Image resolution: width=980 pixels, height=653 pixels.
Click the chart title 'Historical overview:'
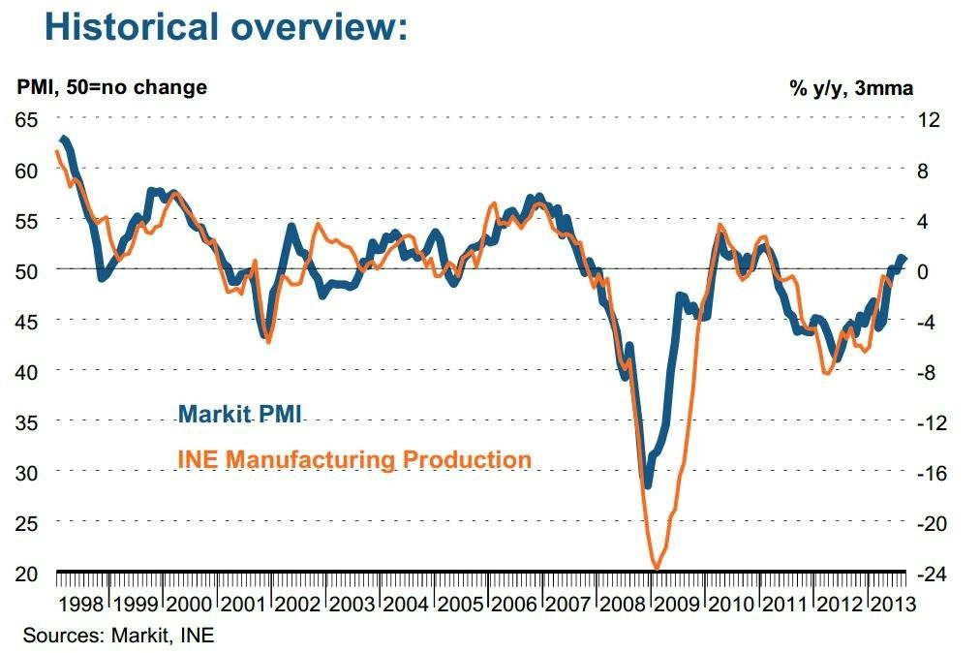click(227, 27)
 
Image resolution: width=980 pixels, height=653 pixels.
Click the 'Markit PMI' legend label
click(240, 414)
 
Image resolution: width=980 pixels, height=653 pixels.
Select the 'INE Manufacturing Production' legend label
click(354, 459)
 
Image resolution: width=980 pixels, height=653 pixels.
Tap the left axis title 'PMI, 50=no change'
click(112, 87)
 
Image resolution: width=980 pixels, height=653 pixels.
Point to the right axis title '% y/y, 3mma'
click(851, 88)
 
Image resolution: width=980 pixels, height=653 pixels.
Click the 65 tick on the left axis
click(26, 119)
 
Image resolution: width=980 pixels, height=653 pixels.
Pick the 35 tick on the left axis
click(26, 422)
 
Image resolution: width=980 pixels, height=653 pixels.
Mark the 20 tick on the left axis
click(26, 574)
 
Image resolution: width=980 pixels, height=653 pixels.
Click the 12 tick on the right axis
click(929, 119)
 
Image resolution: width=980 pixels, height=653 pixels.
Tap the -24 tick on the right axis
click(932, 574)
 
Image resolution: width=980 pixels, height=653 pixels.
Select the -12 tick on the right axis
click(932, 422)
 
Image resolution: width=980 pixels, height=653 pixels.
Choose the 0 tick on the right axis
click(923, 271)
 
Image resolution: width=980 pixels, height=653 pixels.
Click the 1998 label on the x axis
click(81, 605)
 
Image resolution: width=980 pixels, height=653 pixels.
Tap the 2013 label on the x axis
click(893, 605)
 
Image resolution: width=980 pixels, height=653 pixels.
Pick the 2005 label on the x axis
click(461, 605)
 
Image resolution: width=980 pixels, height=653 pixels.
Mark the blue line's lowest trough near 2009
click(648, 484)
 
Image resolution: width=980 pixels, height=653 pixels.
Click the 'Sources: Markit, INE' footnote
click(119, 636)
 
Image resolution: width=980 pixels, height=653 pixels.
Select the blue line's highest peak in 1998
click(63, 139)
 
